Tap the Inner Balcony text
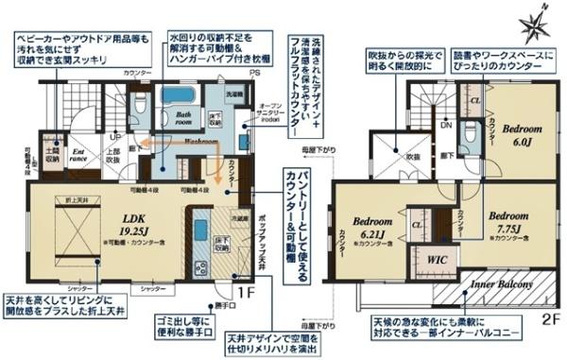point(497,283)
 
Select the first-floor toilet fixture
point(138,107)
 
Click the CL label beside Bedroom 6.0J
point(475,99)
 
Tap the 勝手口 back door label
point(224,304)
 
